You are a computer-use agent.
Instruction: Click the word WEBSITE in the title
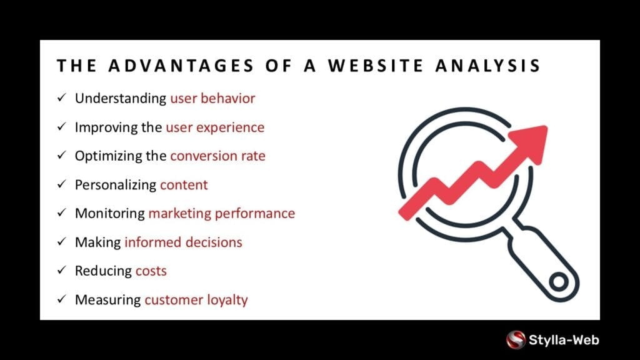coord(376,66)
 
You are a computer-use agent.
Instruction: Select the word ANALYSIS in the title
coord(488,66)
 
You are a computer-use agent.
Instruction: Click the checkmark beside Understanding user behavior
coord(62,97)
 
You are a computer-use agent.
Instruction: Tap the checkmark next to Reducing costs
coord(62,270)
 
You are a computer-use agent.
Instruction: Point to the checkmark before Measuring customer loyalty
coord(62,299)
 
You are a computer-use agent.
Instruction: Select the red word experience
coord(230,127)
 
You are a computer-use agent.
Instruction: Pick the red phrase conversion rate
coord(217,156)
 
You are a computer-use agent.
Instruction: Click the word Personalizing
coord(116,185)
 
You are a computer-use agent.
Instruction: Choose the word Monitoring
coord(110,214)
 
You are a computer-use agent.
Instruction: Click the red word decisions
coord(214,242)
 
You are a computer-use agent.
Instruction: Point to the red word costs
coord(151,271)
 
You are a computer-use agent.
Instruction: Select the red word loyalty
coord(227,300)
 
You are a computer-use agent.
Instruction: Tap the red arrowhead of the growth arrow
coord(530,143)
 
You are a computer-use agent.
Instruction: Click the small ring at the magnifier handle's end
coord(559,281)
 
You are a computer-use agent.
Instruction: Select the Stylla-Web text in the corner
coord(564,340)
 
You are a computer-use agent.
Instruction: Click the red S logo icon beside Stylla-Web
coord(516,339)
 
